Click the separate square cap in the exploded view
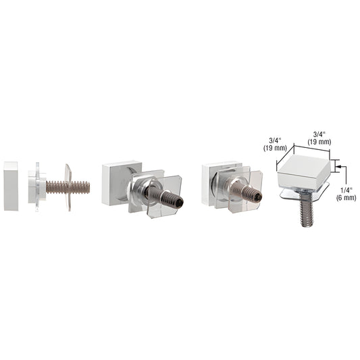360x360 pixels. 12,186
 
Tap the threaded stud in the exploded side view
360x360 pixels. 58,186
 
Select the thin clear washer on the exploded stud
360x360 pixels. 68,186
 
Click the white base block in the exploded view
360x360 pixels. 35,186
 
